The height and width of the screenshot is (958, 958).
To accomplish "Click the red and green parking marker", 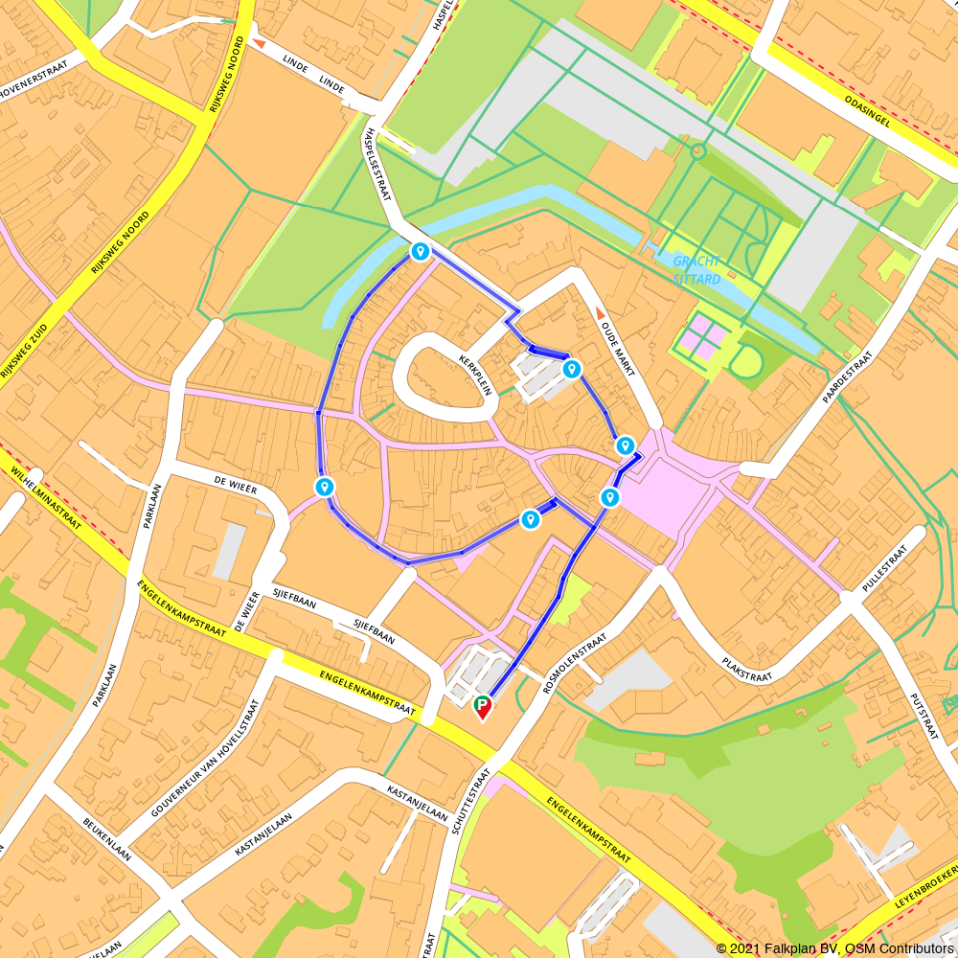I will (483, 707).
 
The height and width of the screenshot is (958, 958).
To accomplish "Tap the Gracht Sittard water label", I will (696, 269).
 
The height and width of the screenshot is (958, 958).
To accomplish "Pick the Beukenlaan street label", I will (105, 840).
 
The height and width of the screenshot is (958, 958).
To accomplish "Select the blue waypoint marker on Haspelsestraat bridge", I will (419, 251).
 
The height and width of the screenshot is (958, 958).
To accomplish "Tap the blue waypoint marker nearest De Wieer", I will (325, 487).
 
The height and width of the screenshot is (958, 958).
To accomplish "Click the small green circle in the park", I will (697, 150).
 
